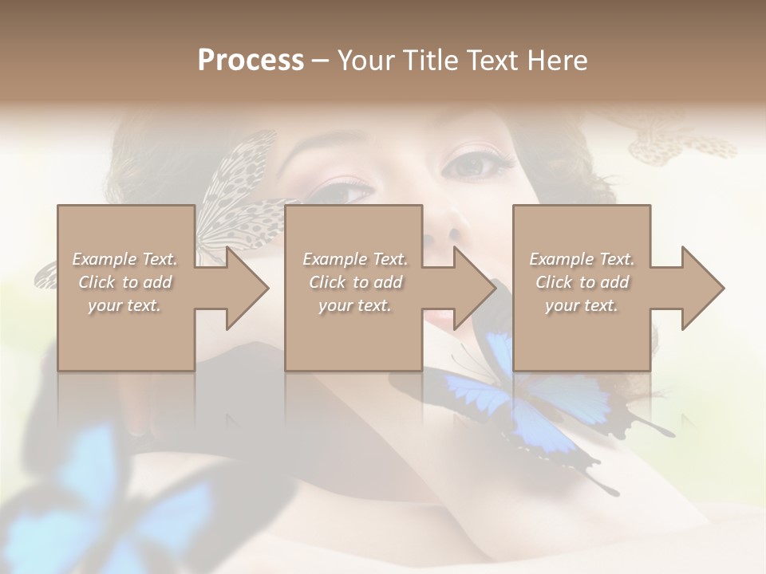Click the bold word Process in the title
click(251, 61)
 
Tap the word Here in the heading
click(556, 61)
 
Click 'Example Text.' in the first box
click(125, 259)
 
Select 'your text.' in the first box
click(125, 305)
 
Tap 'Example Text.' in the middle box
click(355, 259)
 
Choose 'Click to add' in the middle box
click(355, 282)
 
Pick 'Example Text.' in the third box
click(582, 259)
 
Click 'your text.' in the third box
click(582, 305)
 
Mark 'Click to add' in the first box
click(125, 282)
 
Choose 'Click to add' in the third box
click(582, 282)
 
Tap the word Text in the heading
click(495, 61)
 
